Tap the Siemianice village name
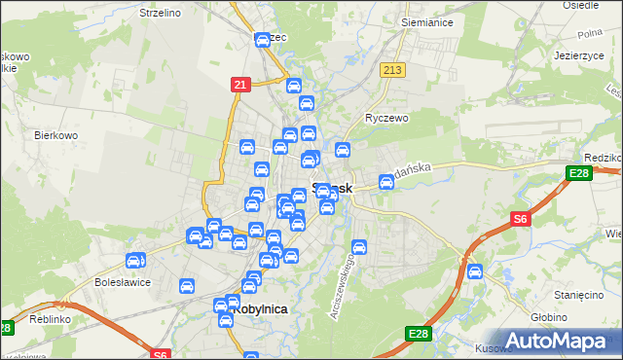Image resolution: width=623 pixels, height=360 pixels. tap(424, 20)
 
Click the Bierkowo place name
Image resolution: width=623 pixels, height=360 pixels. tap(55, 135)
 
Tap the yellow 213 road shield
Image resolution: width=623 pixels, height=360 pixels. tap(392, 71)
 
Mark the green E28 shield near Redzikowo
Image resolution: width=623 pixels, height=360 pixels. tap(575, 174)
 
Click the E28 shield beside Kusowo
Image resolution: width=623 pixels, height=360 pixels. tap(418, 335)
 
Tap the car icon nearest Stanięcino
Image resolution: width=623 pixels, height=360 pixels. tap(475, 271)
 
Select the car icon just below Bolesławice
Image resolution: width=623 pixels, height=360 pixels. tap(187, 287)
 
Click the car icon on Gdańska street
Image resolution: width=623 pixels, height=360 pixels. tap(385, 182)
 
